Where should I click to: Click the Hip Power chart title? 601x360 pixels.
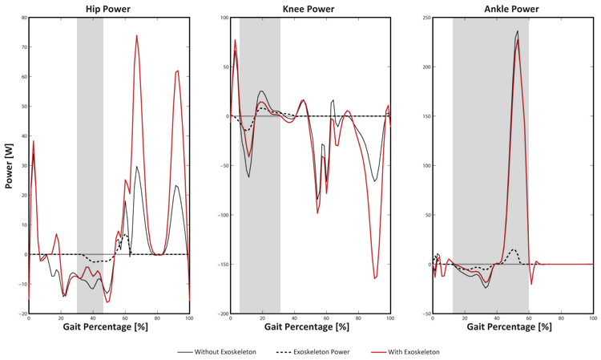point(108,9)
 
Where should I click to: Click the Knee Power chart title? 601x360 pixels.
point(309,9)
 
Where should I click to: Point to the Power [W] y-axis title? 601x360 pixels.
point(9,166)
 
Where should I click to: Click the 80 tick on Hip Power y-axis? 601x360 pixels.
point(22,18)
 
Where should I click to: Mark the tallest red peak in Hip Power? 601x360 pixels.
point(137,35)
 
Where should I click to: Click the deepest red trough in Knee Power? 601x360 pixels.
point(374,278)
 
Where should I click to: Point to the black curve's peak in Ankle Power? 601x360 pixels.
point(518,31)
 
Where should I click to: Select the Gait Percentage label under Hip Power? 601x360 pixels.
point(108,326)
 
